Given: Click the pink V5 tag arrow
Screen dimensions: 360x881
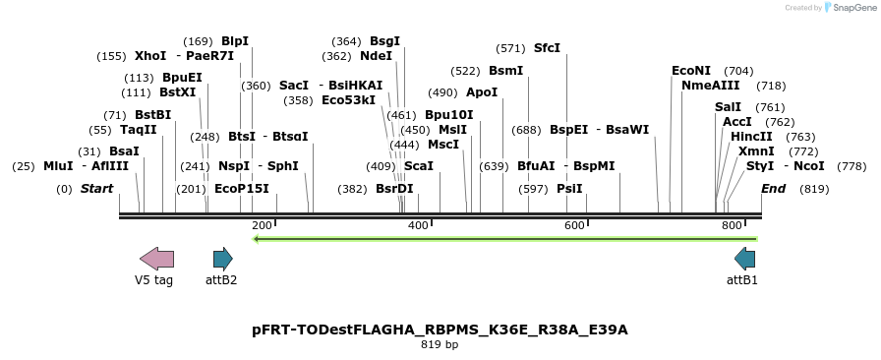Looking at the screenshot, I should point(156,259).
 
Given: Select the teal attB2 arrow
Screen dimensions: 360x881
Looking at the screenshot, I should point(223,259).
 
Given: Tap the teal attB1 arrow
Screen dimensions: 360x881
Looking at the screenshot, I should point(744,259).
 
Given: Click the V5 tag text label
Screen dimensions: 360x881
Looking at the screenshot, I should point(153,280).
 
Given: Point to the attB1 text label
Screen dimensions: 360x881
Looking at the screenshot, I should point(742,280).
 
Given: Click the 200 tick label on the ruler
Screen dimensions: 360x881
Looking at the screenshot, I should point(262,226).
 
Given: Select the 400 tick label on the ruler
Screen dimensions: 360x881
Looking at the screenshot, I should point(418,226).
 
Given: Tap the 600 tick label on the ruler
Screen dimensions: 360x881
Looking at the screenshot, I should point(574,226).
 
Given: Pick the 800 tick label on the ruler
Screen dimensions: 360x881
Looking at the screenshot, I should point(731,226).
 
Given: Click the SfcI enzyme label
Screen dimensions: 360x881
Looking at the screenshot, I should point(547,47).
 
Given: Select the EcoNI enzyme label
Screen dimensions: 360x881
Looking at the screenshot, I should point(691,71).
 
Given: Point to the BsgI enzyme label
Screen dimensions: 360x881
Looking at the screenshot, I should point(384,41).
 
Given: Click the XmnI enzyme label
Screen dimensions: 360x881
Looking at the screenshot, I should point(756,151).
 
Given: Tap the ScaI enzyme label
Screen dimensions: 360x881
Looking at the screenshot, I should point(418,166).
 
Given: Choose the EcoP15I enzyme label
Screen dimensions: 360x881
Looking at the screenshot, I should point(241,189).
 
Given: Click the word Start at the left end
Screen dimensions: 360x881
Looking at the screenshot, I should point(96,189).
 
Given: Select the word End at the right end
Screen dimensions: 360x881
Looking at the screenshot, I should point(773,189).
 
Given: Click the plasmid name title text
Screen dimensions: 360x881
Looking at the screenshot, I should point(440,330).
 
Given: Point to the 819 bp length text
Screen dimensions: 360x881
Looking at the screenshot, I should point(440,345).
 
